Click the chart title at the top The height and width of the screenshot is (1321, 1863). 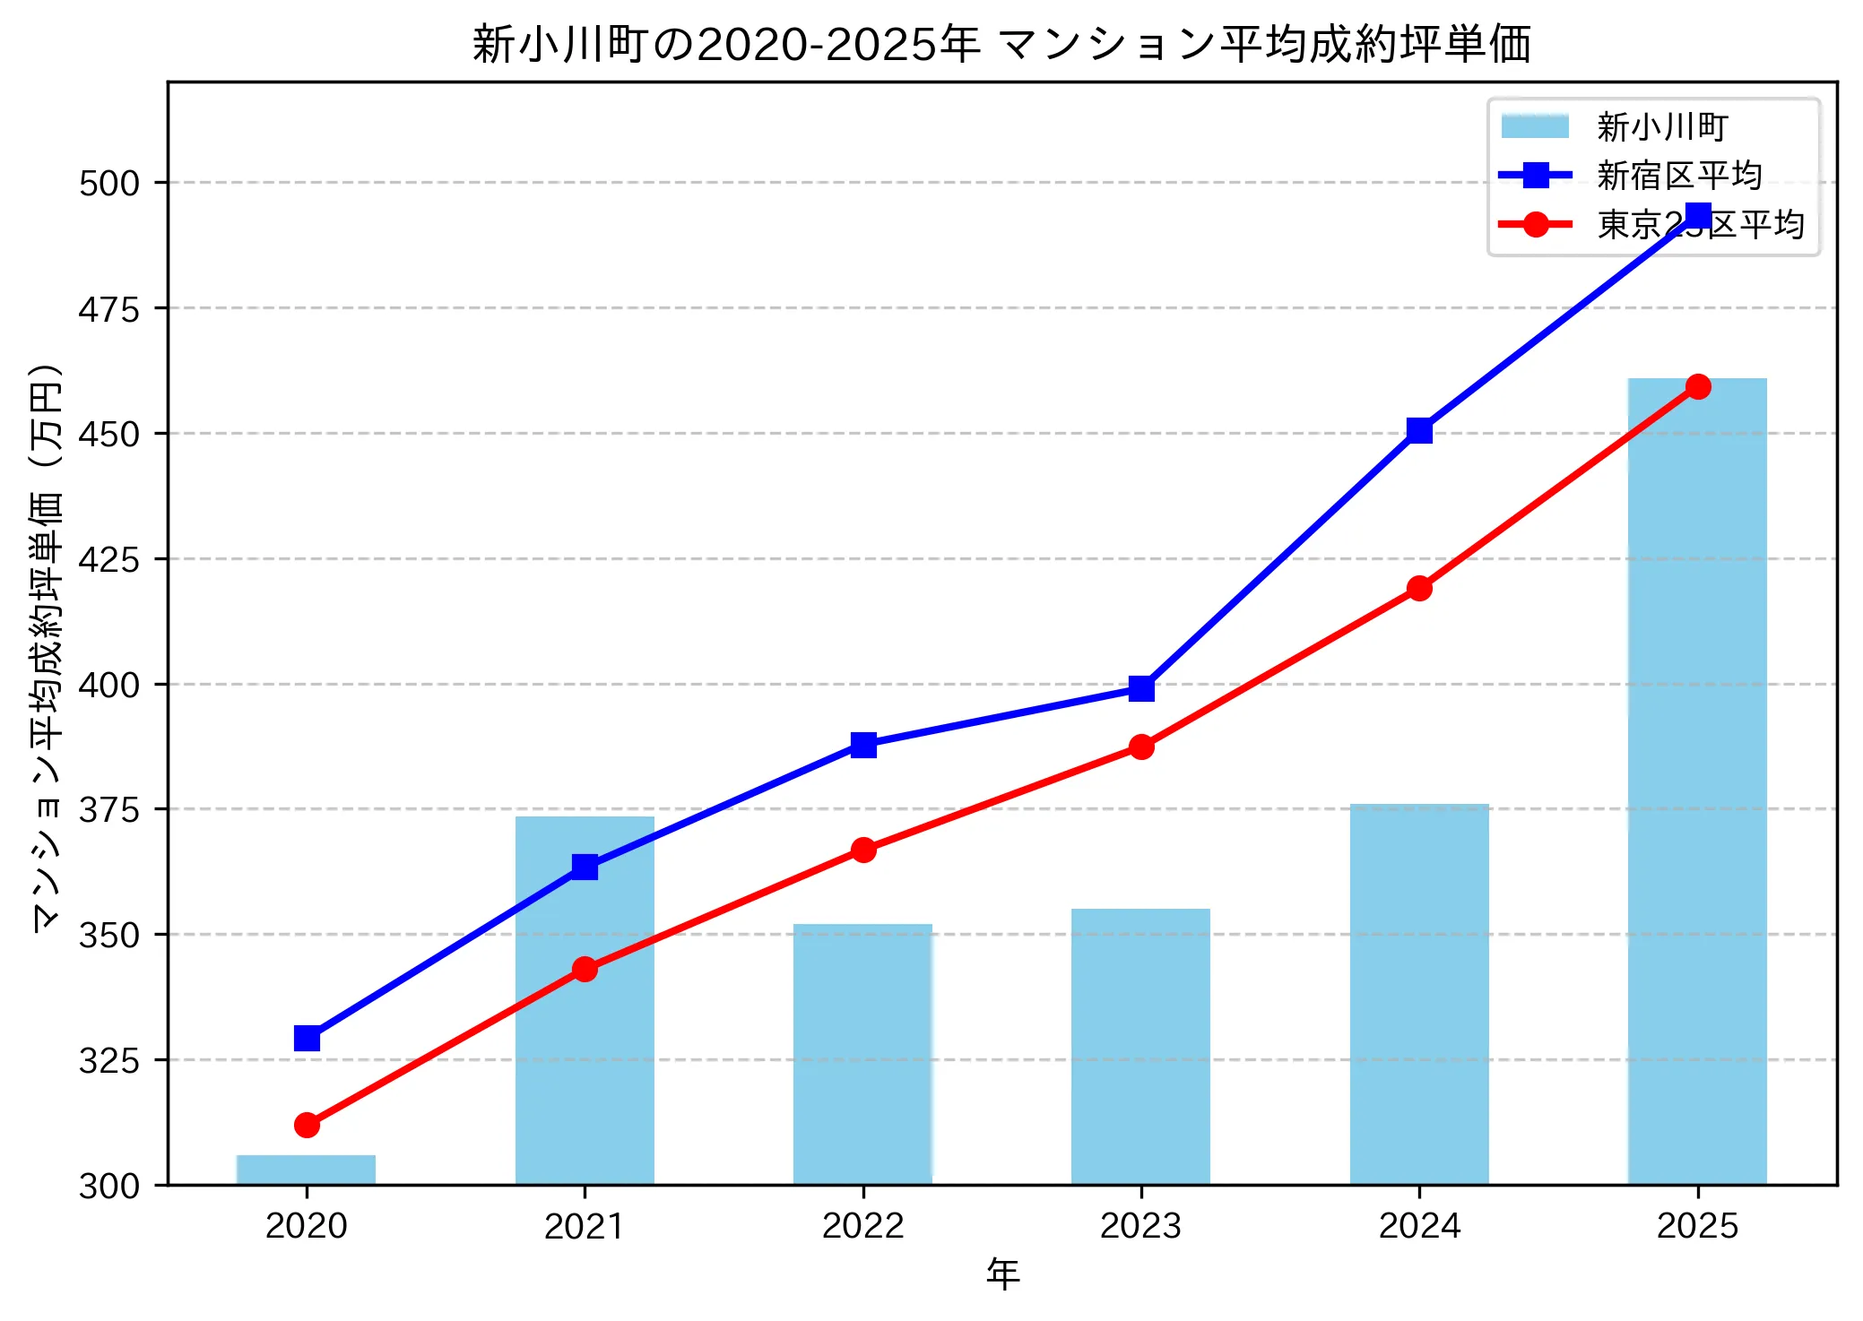[x=1001, y=45]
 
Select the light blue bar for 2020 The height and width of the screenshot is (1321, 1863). [x=306, y=1170]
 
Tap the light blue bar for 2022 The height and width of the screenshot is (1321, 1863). [x=862, y=1054]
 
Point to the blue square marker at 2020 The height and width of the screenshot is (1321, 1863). [x=307, y=1038]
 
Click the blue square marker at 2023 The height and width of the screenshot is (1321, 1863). [x=1141, y=688]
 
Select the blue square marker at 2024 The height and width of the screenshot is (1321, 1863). [x=1419, y=431]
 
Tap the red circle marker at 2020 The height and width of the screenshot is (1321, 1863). [x=307, y=1125]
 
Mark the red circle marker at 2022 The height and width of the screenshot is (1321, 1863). [x=863, y=850]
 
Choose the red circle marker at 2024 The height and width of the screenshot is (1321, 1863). [x=1419, y=589]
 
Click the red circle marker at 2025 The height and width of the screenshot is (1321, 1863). [x=1698, y=387]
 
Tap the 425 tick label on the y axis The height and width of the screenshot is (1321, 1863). [x=109, y=559]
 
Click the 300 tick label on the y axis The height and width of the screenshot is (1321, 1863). [x=109, y=1186]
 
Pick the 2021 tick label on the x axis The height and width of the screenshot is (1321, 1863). [x=585, y=1226]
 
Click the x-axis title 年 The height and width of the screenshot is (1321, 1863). [x=1002, y=1274]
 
